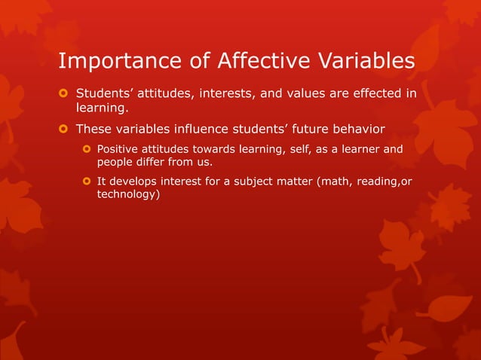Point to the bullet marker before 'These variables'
[63, 128]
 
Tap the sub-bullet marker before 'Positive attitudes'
[87, 149]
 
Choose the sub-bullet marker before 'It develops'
[87, 181]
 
